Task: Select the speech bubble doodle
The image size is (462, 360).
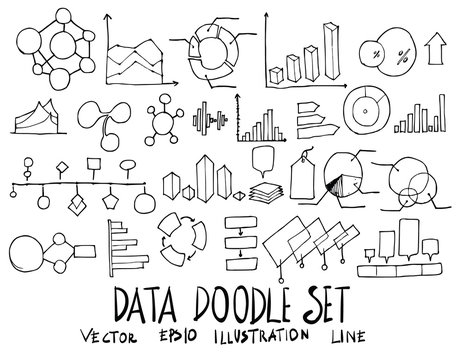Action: pyautogui.click(x=264, y=158)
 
